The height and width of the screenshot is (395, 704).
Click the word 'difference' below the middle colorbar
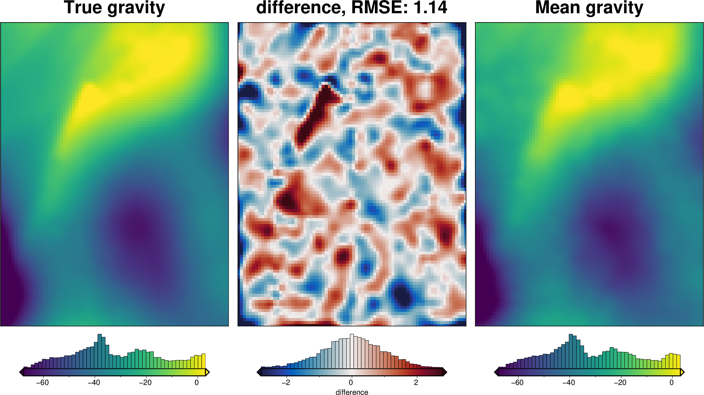pos(352,392)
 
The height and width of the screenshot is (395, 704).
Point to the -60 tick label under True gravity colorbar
pos(42,382)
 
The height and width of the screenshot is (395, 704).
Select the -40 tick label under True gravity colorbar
pos(94,382)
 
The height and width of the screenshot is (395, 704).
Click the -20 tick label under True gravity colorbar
pos(145,382)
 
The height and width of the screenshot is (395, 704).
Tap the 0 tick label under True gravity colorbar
pos(197,382)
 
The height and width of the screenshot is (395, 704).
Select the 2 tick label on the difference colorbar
pos(416,382)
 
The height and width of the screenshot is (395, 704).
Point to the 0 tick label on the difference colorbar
pos(351,382)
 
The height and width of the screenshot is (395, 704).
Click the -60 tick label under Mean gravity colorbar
pos(517,382)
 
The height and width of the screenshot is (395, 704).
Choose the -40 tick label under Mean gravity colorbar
pos(568,382)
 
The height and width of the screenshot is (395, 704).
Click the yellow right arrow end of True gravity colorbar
pos(207,372)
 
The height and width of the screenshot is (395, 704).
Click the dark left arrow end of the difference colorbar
pos(259,372)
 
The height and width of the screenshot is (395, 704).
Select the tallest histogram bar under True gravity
pos(99,351)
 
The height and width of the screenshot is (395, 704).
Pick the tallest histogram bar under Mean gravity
pos(571,351)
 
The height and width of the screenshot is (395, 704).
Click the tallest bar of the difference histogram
pos(352,351)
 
